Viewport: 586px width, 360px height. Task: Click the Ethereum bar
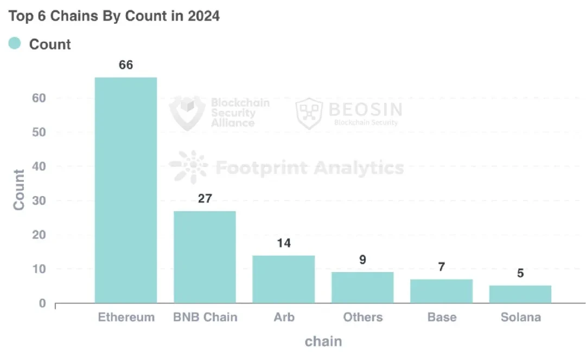[126, 190]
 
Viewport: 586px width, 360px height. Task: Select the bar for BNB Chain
[205, 257]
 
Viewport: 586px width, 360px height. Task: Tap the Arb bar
[284, 279]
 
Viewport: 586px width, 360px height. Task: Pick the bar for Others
[362, 287]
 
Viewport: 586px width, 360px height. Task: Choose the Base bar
[442, 291]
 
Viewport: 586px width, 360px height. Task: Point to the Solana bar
[520, 294]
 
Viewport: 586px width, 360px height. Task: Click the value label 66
[126, 65]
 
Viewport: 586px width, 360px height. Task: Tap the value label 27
[205, 199]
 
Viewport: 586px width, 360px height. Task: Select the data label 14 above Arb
[284, 243]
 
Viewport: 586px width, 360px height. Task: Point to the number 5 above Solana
[520, 274]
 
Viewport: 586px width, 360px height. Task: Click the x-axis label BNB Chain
[205, 317]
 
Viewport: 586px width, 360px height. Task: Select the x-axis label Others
[362, 317]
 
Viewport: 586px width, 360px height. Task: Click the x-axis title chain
[323, 341]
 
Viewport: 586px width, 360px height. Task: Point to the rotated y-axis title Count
[20, 190]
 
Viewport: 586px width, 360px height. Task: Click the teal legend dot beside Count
[15, 43]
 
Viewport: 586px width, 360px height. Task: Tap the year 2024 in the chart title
[203, 16]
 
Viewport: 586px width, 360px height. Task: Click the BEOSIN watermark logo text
[365, 110]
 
